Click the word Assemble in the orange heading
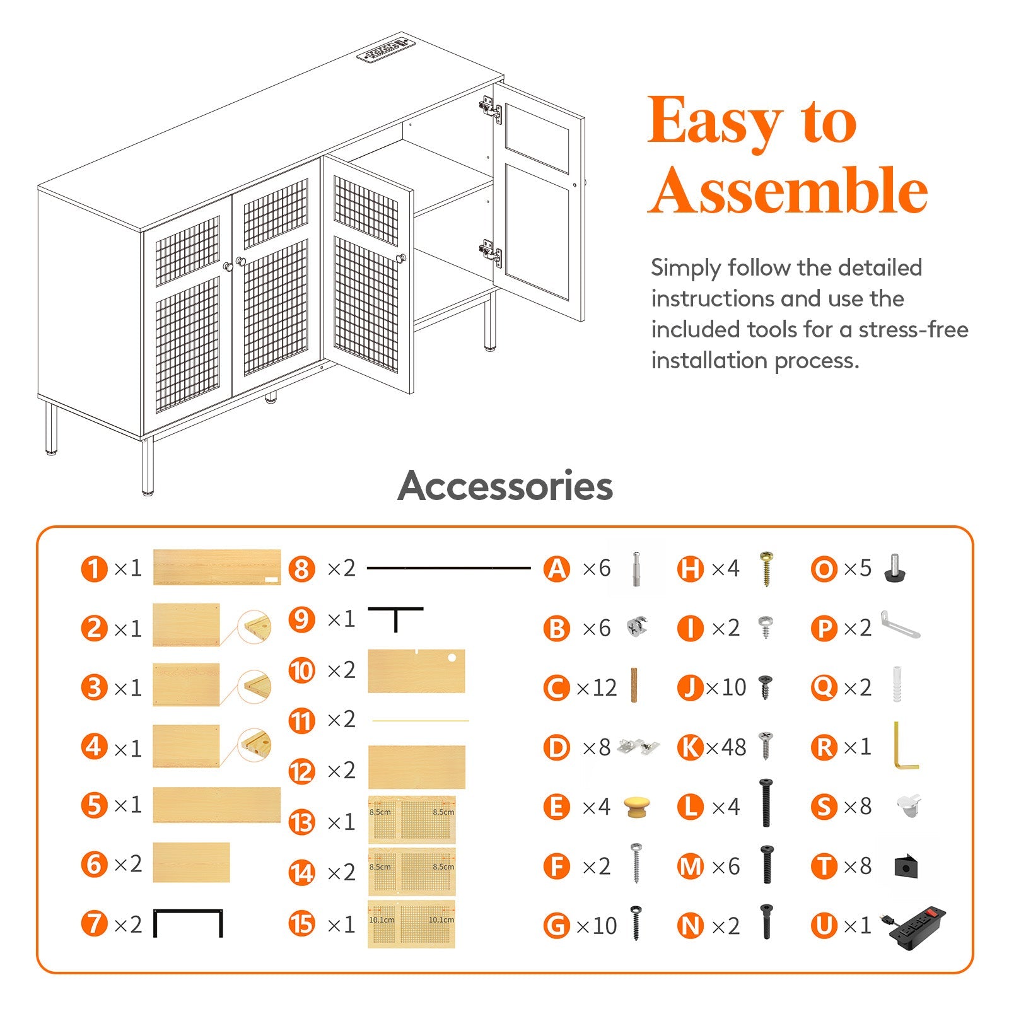click(x=788, y=190)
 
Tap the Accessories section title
click(x=505, y=486)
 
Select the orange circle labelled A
click(x=557, y=569)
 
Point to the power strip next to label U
click(x=918, y=926)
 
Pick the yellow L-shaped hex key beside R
click(x=904, y=747)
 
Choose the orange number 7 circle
click(x=95, y=924)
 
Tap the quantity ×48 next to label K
click(x=726, y=747)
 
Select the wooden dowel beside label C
click(x=634, y=685)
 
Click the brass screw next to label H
click(x=767, y=568)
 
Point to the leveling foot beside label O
click(x=894, y=567)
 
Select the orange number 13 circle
click(x=301, y=822)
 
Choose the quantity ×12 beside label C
click(x=597, y=687)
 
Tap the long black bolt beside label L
click(x=766, y=803)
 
